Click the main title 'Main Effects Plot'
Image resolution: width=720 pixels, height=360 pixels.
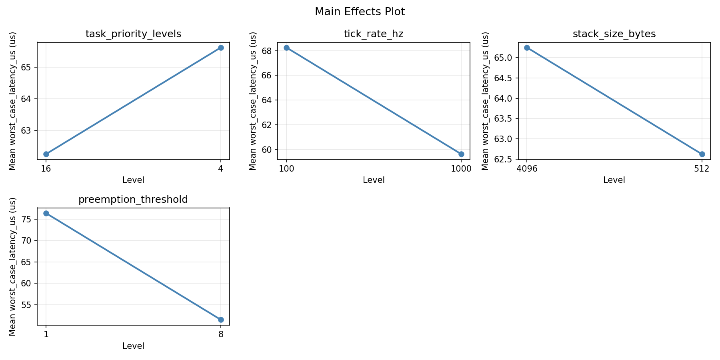(360, 12)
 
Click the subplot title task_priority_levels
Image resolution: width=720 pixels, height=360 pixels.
(133, 34)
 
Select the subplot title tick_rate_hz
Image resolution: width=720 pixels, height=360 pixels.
(374, 34)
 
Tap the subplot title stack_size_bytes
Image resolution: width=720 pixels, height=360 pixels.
(614, 34)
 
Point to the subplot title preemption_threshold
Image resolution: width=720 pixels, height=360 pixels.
(133, 200)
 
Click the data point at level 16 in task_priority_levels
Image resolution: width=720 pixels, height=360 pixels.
(46, 154)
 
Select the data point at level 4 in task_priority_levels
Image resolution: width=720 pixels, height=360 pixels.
(221, 48)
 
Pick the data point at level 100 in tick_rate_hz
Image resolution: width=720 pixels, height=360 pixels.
(286, 48)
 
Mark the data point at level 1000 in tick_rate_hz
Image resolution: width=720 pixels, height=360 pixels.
(461, 154)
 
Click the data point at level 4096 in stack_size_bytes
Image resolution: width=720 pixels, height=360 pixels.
(527, 48)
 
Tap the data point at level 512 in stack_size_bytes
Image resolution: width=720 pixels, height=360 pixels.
(702, 154)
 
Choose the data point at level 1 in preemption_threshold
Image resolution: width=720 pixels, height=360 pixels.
(46, 213)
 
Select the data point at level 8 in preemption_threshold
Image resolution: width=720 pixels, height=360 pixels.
(221, 320)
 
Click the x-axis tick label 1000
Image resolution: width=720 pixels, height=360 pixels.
(461, 169)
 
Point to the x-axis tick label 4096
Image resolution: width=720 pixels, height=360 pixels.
(527, 169)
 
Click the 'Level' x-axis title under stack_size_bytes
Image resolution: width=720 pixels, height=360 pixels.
(614, 180)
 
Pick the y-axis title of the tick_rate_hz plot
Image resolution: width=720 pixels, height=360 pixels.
(253, 101)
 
